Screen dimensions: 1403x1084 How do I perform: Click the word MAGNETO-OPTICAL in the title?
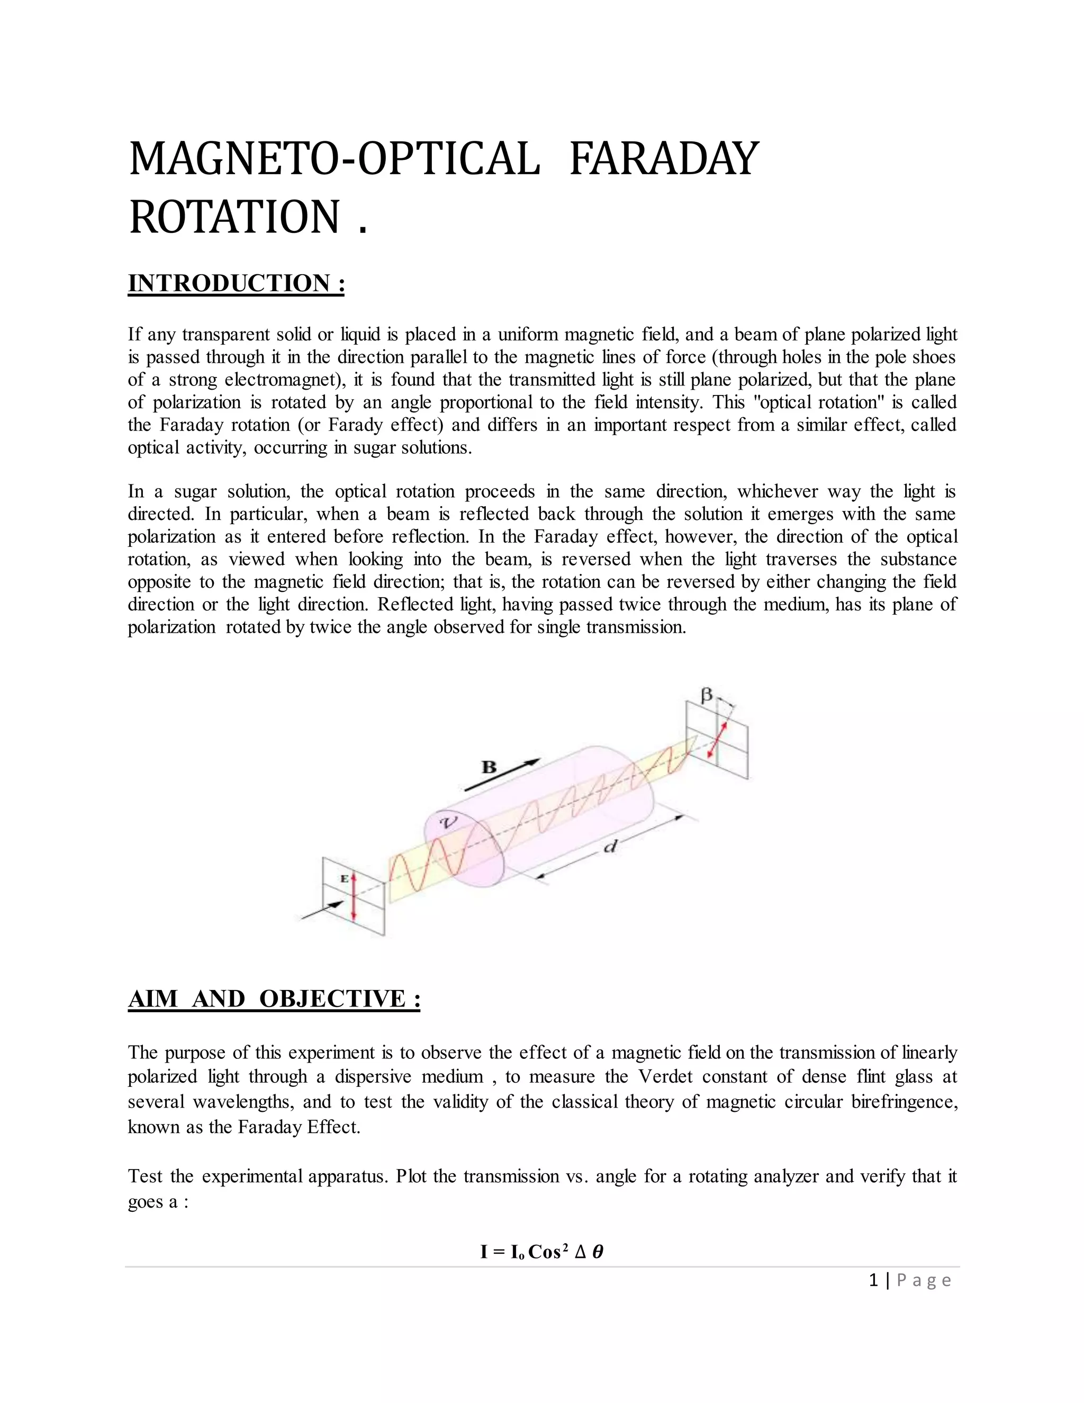click(x=334, y=159)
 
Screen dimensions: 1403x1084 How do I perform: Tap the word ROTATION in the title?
click(x=234, y=217)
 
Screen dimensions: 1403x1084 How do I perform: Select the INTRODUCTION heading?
click(x=236, y=283)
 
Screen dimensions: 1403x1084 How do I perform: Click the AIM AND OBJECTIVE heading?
click(x=274, y=999)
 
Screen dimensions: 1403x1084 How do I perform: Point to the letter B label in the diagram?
click(x=490, y=767)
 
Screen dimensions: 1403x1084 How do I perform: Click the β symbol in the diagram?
click(x=707, y=695)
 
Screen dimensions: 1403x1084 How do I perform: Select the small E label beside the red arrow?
click(x=344, y=878)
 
